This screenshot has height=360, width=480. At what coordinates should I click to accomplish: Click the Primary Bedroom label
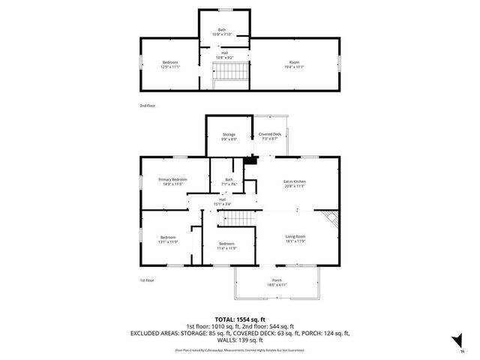[x=172, y=181]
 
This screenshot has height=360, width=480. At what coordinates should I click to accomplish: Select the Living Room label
[x=295, y=238]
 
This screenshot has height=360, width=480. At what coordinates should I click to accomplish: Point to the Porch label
[x=277, y=283]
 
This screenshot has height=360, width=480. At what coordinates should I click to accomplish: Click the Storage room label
[x=229, y=136]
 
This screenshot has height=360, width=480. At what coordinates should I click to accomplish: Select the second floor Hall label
[x=224, y=55]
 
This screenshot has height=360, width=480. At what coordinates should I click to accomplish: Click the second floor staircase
[x=231, y=73]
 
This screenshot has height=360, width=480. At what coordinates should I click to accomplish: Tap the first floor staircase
[x=238, y=219]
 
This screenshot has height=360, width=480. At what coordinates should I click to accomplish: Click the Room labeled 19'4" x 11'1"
[x=293, y=64]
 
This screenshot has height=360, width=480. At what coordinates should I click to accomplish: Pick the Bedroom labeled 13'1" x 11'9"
[x=167, y=239]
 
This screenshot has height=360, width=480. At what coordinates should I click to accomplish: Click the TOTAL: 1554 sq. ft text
[x=240, y=319]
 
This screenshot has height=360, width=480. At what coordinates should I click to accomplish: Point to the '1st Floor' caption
[x=146, y=280]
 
